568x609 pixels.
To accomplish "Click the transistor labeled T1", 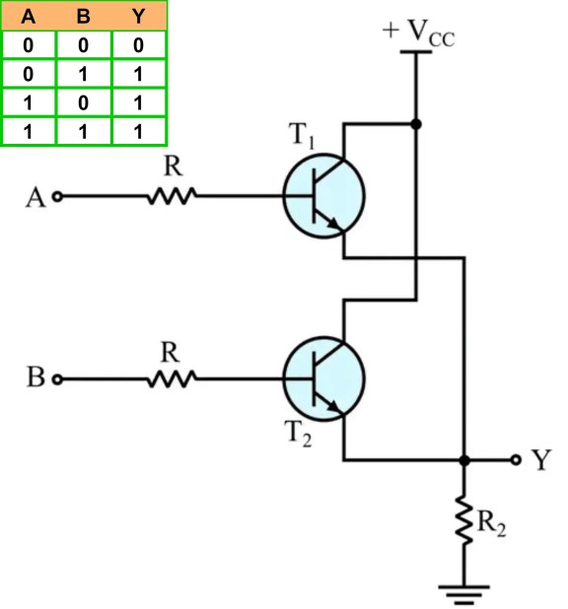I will (323, 195).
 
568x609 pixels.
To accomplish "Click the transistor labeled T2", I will (323, 376).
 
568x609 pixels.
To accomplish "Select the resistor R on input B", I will (172, 377).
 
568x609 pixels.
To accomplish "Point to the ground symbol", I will (463, 590).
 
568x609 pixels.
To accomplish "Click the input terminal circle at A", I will (57, 196).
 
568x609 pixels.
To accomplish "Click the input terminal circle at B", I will (57, 378).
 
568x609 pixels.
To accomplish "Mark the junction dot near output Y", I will (463, 460).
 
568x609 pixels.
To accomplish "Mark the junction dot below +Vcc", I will (417, 124).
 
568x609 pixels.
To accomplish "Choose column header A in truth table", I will (29, 16).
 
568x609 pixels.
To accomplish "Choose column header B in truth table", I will (84, 16).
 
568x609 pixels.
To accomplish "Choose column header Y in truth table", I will (139, 16).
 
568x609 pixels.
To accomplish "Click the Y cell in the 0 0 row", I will (139, 44).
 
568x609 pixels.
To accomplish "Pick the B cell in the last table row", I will (84, 131).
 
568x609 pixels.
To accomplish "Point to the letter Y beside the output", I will (541, 460).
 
